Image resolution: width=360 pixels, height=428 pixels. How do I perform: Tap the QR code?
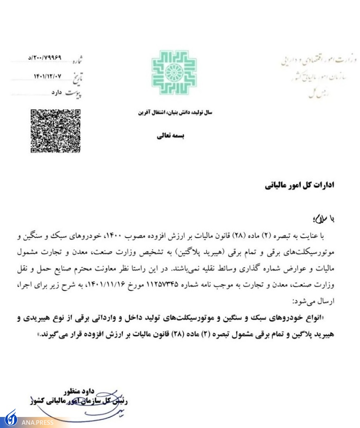click(x=56, y=131)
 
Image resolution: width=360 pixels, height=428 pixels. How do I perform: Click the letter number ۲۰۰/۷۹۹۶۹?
click(x=45, y=58)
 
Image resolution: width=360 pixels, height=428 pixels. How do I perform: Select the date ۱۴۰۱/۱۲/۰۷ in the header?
click(x=48, y=76)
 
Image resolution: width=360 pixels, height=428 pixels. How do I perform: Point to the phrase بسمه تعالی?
click(x=171, y=136)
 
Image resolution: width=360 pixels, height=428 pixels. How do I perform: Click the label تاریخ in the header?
click(x=76, y=77)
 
